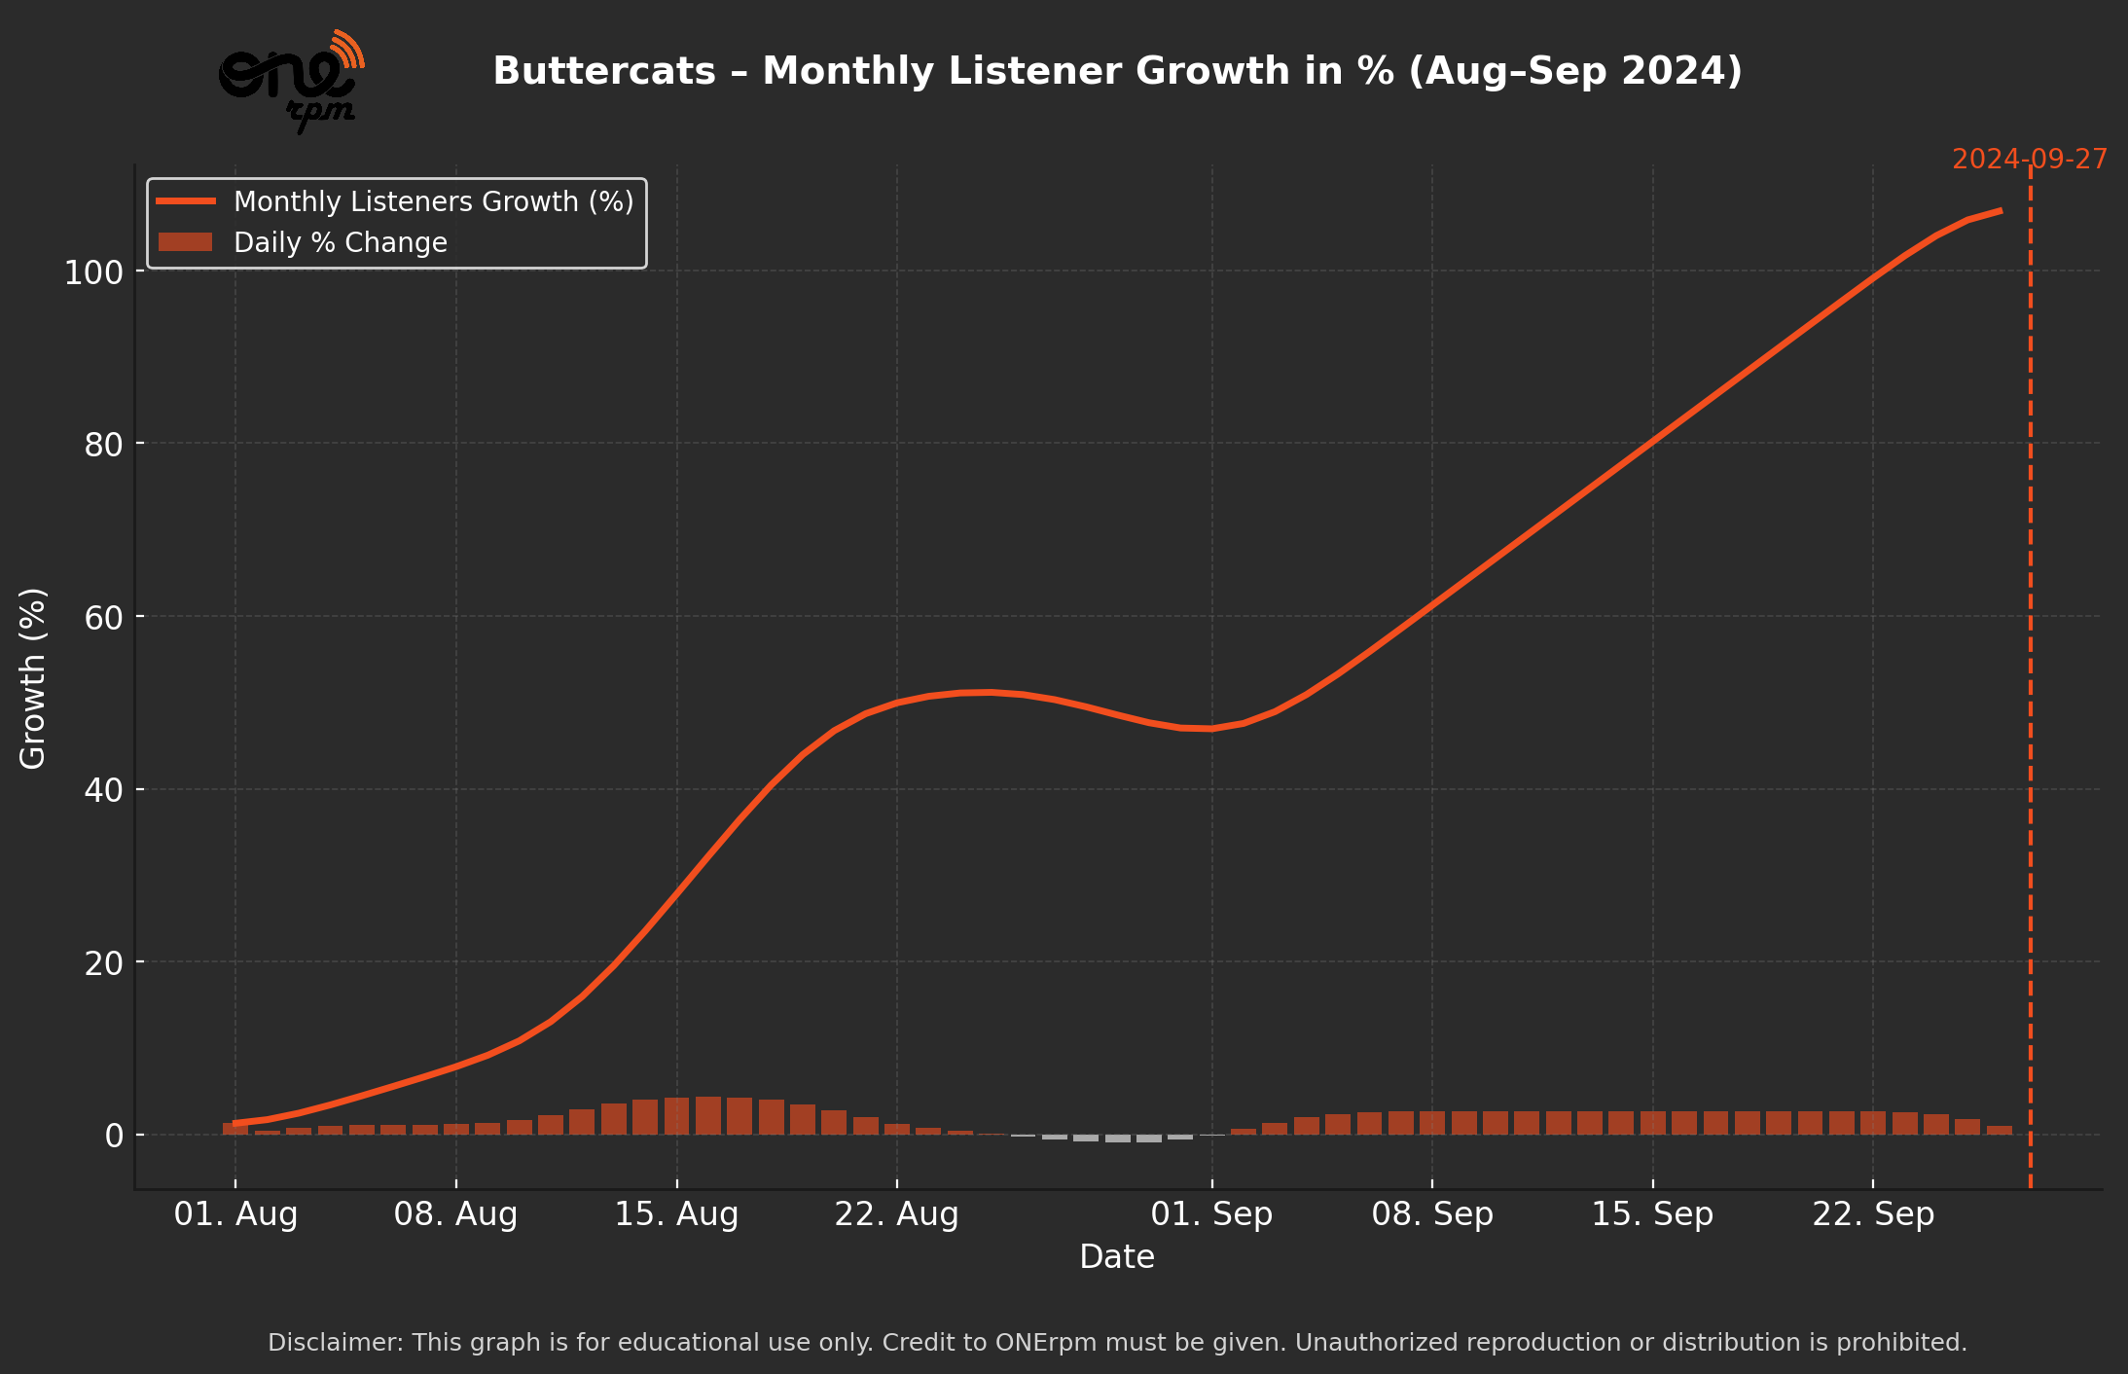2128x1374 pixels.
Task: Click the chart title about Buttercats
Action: [x=1117, y=71]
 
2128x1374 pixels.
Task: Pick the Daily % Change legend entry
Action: [x=340, y=242]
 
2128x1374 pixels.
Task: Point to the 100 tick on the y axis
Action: [x=94, y=272]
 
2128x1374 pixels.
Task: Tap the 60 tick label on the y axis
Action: [x=103, y=618]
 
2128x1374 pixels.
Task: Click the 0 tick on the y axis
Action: [x=114, y=1136]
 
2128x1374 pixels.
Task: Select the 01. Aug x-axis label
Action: [x=235, y=1214]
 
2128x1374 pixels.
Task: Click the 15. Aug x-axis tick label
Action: [x=676, y=1214]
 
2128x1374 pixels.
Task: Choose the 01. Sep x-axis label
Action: [x=1211, y=1214]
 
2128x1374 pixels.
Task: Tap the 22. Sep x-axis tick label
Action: [x=1873, y=1214]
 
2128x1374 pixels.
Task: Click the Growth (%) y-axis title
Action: [x=33, y=678]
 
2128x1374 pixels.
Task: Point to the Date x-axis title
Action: [x=1117, y=1257]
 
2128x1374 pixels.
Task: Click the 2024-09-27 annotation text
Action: [x=2029, y=160]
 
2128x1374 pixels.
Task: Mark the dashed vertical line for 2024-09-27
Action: [x=2030, y=681]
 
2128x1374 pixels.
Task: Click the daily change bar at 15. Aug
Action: [x=676, y=1117]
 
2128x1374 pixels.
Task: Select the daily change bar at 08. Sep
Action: [x=1432, y=1124]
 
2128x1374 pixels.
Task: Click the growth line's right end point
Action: [x=2000, y=210]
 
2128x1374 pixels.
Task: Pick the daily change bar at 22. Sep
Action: [x=1873, y=1124]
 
